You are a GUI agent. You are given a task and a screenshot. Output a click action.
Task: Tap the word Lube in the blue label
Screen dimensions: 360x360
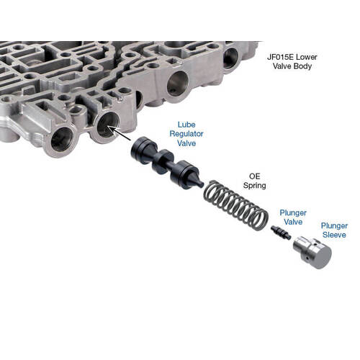186,125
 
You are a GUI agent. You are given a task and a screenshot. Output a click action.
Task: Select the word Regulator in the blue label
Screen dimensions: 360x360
186,134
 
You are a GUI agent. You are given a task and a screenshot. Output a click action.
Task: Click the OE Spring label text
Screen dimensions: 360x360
255,181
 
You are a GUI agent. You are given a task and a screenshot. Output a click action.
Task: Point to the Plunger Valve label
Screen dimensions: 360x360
293,217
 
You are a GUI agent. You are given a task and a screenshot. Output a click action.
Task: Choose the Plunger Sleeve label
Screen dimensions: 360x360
334,230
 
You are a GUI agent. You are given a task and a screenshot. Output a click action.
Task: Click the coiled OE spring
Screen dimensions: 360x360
236,205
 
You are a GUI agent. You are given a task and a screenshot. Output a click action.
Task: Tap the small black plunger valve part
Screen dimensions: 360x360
281,233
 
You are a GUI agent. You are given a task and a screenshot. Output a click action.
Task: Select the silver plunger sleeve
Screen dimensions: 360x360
312,252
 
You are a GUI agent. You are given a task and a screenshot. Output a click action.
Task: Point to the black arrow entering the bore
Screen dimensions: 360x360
119,133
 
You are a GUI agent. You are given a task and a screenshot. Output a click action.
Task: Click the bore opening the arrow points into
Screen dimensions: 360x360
108,125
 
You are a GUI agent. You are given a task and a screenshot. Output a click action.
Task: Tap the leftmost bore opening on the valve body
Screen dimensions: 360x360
62,140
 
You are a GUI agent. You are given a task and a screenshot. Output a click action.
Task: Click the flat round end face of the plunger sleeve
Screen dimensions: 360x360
322,257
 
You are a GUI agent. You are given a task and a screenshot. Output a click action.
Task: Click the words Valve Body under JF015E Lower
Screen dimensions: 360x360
292,66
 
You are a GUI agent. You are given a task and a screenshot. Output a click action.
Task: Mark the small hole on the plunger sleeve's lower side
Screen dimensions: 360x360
307,258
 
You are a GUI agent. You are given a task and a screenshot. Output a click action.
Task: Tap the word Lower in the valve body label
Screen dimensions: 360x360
306,57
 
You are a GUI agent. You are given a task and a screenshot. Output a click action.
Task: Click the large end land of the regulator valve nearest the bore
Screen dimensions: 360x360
143,150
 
